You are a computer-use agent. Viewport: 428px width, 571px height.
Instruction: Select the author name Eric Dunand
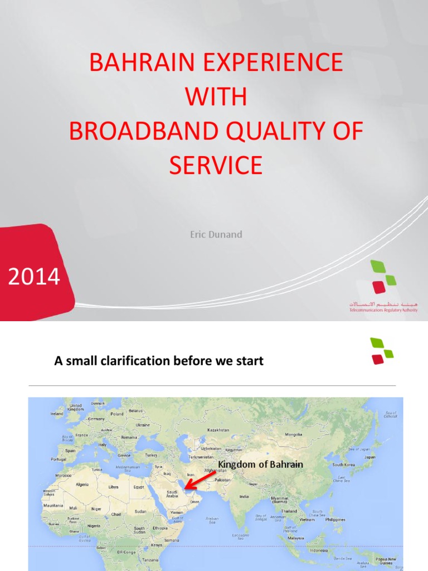(216, 234)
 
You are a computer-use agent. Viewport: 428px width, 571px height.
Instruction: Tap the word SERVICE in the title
(215, 166)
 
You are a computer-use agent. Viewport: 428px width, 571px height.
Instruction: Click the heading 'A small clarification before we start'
(158, 361)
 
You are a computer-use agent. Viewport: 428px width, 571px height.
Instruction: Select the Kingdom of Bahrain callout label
(260, 464)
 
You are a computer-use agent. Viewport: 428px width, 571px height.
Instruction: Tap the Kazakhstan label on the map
(218, 430)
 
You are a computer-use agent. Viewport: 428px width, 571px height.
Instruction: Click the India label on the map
(244, 496)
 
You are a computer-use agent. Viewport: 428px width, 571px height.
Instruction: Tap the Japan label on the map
(369, 457)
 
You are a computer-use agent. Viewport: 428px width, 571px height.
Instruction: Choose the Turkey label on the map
(152, 455)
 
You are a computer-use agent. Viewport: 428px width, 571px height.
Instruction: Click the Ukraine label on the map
(143, 424)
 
